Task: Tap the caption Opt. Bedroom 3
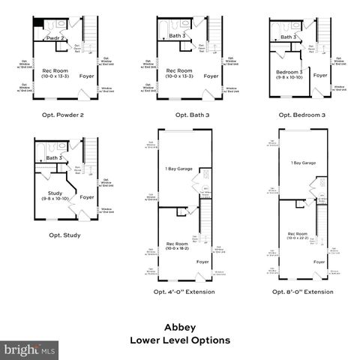click(x=301, y=114)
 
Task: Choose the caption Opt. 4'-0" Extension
click(x=184, y=291)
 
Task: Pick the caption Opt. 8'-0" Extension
click(x=302, y=291)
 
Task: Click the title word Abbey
click(x=180, y=327)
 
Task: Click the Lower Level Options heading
click(x=180, y=340)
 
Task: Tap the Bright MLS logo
click(x=30, y=349)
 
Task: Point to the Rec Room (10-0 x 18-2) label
click(x=178, y=245)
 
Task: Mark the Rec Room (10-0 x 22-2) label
click(x=297, y=236)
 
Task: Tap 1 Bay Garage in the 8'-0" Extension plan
click(x=303, y=163)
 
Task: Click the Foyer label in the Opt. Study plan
click(x=87, y=197)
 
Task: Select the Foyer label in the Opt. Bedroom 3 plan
click(x=320, y=76)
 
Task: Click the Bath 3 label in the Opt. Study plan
click(x=54, y=158)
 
